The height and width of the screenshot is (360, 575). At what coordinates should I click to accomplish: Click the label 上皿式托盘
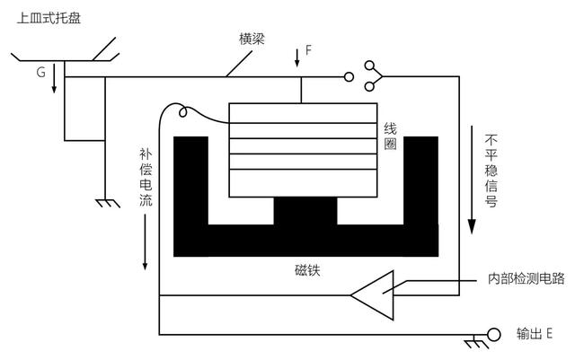point(49,16)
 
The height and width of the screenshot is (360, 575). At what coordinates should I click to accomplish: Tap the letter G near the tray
point(40,71)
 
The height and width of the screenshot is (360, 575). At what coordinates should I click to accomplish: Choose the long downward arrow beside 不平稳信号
point(473,180)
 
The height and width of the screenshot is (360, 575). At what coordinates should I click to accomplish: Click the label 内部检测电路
point(526,278)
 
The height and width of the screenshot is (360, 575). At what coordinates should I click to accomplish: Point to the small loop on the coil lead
point(182,111)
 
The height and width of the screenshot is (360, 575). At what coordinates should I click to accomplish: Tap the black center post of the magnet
point(305,213)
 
